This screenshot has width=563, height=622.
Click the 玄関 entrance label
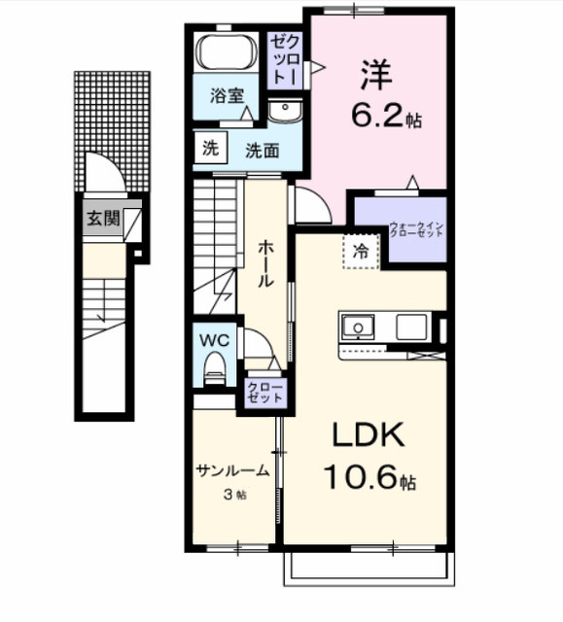[x=101, y=219]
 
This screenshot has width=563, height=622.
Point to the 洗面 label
[x=262, y=151]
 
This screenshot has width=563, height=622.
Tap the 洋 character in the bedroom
[x=375, y=74]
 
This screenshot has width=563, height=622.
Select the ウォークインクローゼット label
[x=416, y=230]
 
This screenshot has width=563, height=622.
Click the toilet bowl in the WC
[x=214, y=369]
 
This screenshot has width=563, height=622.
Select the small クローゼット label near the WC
[x=265, y=392]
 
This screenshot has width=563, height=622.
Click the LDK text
[x=368, y=435]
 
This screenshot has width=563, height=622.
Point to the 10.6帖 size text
[x=369, y=479]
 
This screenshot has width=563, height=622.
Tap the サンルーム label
[x=232, y=470]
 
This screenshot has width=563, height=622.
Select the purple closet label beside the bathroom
[x=286, y=59]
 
